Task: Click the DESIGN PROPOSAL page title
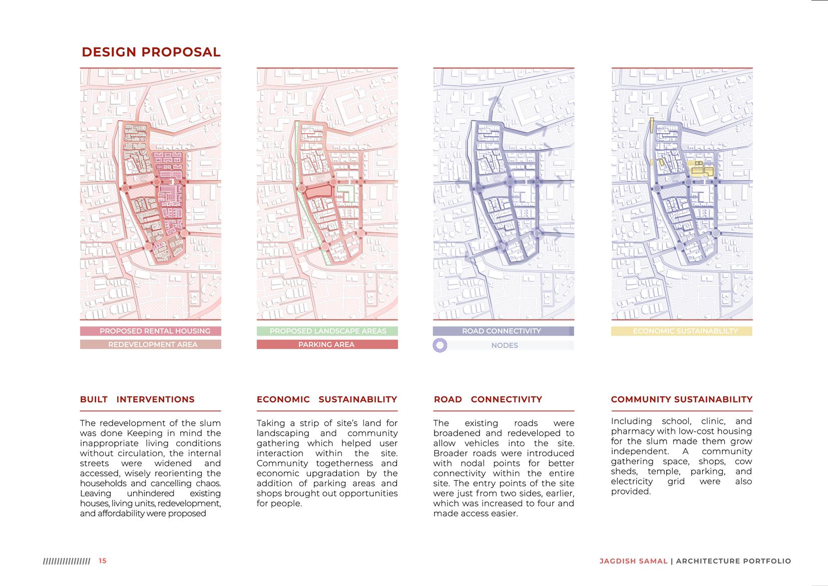point(151,52)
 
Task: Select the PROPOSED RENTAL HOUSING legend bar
point(150,331)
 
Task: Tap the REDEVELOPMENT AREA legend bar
point(150,345)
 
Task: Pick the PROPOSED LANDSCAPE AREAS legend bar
point(327,331)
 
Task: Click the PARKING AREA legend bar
point(327,345)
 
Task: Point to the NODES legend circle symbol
point(440,345)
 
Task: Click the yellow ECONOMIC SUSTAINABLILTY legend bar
point(681,331)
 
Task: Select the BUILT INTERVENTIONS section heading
point(137,399)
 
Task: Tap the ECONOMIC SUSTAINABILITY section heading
point(327,399)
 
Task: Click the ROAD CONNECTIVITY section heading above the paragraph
point(488,399)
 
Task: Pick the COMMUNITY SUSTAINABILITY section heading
point(681,399)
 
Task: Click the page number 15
point(103,561)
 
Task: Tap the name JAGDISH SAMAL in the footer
point(633,561)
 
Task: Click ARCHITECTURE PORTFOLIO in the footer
point(733,561)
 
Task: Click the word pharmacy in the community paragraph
point(633,431)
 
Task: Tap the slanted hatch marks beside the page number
point(67,561)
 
